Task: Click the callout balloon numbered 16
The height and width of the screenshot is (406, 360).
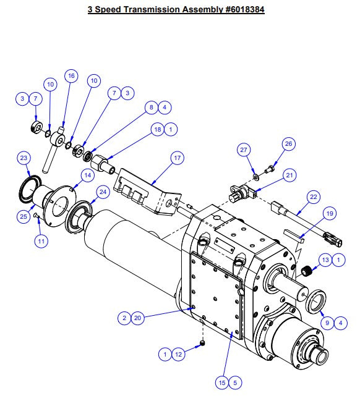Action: pos(72,76)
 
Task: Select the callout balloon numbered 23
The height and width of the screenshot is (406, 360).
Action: pos(24,159)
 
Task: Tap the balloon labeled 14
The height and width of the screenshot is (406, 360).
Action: pos(87,176)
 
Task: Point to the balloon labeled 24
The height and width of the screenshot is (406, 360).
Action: pos(103,192)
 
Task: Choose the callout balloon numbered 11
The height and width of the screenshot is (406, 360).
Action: pos(41,242)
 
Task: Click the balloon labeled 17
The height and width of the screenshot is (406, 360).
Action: pos(178,159)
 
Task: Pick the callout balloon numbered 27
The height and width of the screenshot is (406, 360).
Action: pos(244,150)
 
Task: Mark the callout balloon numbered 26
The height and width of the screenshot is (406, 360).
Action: pos(288,144)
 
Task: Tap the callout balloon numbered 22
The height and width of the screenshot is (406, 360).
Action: pos(314,197)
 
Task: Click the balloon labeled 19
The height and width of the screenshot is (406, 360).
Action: pos(330,213)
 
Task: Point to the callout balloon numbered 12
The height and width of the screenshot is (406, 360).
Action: pos(179,354)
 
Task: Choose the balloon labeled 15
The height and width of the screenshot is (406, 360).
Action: pos(221,383)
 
